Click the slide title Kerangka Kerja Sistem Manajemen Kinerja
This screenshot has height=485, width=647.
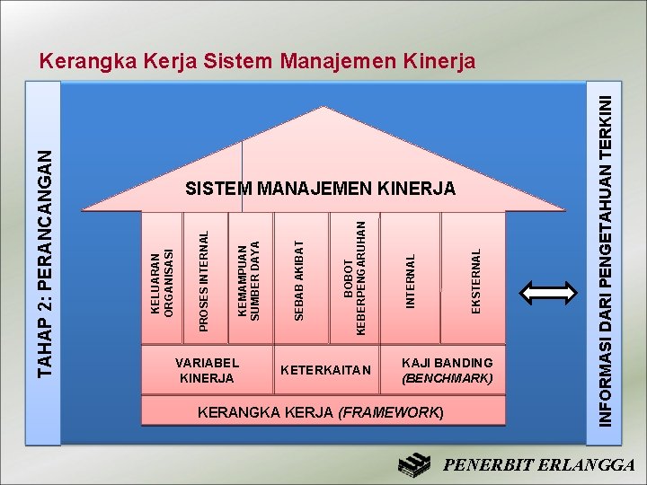click(x=258, y=62)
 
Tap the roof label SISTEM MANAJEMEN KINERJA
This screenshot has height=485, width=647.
click(x=321, y=189)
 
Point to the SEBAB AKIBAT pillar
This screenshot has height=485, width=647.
click(x=300, y=278)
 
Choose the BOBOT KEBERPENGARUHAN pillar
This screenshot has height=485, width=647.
click(x=355, y=279)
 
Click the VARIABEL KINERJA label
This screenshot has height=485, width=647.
click(x=208, y=370)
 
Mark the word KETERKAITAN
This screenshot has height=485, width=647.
click(x=325, y=370)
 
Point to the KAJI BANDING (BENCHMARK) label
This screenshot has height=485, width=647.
click(x=447, y=370)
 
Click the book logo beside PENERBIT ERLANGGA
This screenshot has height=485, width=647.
click(x=416, y=464)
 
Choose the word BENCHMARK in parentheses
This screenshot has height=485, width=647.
click(x=447, y=378)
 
